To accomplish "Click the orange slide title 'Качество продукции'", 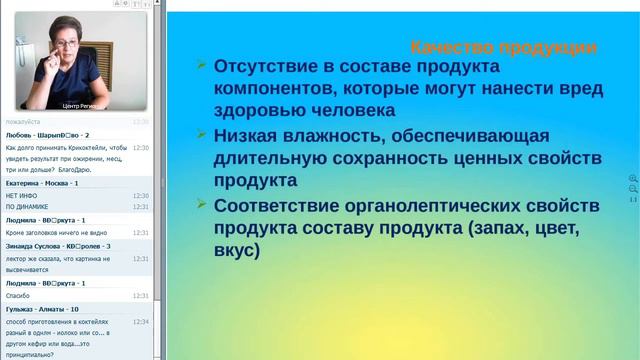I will coord(505,47).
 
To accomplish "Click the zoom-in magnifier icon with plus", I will coord(632,179).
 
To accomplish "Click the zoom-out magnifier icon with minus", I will coord(632,189).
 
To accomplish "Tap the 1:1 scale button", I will coord(632,200).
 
